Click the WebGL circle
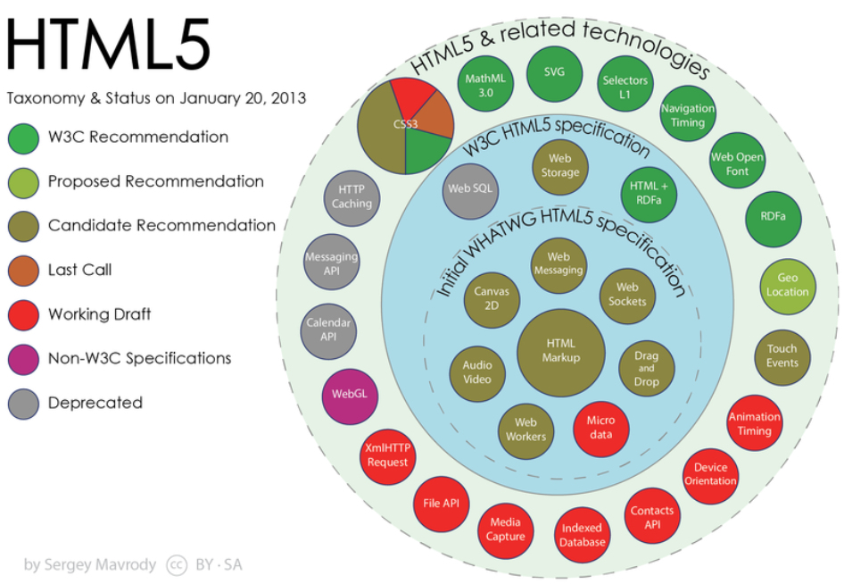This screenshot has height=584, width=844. (350, 396)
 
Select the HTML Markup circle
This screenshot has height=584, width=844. (561, 352)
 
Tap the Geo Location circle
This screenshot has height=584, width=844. (788, 286)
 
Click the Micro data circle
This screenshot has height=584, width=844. (600, 429)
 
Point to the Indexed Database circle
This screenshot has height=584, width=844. (582, 534)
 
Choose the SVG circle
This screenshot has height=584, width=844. (554, 73)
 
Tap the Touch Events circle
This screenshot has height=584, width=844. (782, 356)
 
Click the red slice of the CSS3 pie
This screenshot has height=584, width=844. (413, 98)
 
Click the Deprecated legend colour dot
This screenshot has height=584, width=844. (23, 404)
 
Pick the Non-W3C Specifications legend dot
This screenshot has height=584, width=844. (23, 359)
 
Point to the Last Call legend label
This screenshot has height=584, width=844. (79, 270)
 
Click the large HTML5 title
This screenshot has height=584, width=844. (108, 44)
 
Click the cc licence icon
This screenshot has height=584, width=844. (177, 564)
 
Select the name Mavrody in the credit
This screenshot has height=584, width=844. (127, 565)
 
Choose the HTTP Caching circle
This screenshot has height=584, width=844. (352, 197)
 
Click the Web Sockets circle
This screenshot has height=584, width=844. (627, 296)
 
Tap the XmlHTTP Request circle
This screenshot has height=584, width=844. (387, 456)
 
